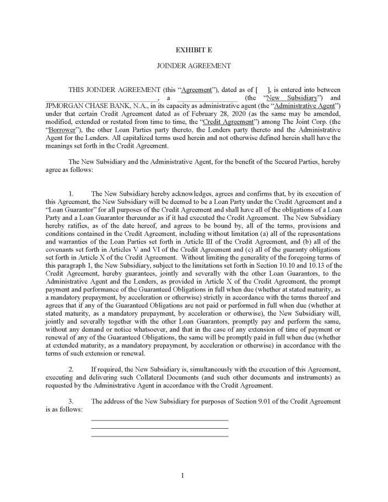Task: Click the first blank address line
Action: tap(159, 420)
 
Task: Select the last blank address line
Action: tap(159, 436)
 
